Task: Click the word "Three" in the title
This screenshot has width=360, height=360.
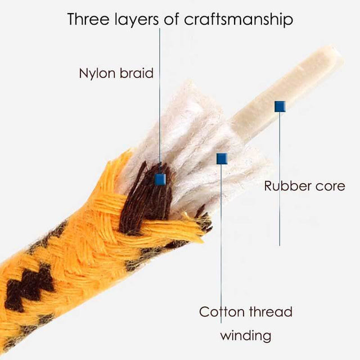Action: [x=88, y=19]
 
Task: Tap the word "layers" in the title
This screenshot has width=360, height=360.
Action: [x=136, y=20]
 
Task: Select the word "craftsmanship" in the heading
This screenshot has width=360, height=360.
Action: [x=238, y=20]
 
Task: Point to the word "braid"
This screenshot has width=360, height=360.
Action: [x=136, y=73]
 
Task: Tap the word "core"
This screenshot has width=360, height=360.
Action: [x=330, y=186]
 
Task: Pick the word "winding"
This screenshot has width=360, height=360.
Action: [x=246, y=336]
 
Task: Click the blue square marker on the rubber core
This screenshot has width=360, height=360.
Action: [x=280, y=106]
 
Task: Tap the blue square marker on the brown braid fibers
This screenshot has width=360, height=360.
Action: [x=160, y=179]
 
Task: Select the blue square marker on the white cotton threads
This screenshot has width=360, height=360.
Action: [x=222, y=159]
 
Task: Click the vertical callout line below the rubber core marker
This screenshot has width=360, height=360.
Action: [x=280, y=179]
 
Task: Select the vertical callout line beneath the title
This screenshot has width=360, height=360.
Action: [x=160, y=101]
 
